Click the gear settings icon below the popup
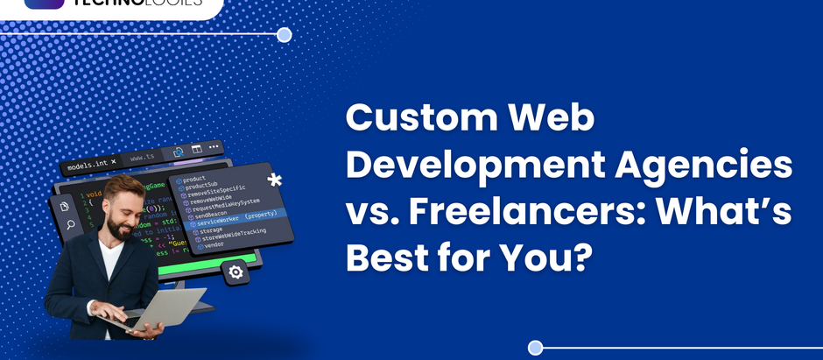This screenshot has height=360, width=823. click(x=236, y=272)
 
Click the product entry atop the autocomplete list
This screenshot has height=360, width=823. click(x=195, y=179)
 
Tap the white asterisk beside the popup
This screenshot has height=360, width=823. click(x=274, y=181)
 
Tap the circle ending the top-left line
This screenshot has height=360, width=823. click(x=284, y=35)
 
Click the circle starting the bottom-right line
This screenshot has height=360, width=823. click(x=536, y=348)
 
